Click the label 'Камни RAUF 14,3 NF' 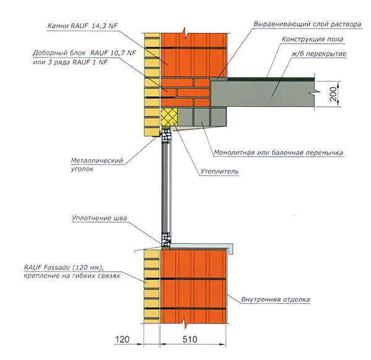click(82, 26)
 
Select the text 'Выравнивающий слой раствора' click(307, 24)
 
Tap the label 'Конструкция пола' click(312, 40)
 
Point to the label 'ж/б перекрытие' click(319, 54)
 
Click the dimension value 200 click(333, 94)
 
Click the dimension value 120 click(122, 340)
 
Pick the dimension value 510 click(190, 340)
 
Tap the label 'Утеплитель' click(220, 171)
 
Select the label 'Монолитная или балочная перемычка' click(278, 152)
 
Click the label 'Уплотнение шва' click(100, 218)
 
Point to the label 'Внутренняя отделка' click(275, 299)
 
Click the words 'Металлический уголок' click(97, 165)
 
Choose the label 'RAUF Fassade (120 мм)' click(64, 267)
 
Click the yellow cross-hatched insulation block click(169, 117)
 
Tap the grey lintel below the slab click(202, 117)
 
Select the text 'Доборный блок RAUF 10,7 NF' click(85, 53)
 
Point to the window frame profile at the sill click(166, 241)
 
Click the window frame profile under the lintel click(166, 135)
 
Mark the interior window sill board click(202, 247)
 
